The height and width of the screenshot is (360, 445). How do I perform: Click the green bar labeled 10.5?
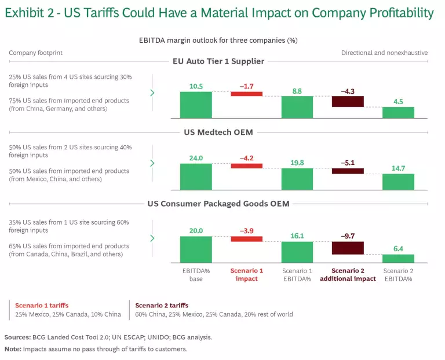click(x=196, y=105)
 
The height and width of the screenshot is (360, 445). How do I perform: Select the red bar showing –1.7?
click(x=246, y=94)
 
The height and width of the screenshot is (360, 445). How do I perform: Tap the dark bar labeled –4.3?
click(x=348, y=101)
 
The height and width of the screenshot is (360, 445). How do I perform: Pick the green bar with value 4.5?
click(x=398, y=112)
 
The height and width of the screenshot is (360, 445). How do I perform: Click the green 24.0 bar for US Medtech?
click(x=196, y=177)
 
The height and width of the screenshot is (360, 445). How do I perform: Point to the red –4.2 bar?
click(x=246, y=166)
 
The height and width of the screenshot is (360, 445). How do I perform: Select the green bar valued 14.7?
click(x=398, y=182)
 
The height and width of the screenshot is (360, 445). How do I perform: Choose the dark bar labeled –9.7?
click(x=348, y=248)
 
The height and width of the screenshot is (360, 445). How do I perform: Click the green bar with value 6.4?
click(x=398, y=258)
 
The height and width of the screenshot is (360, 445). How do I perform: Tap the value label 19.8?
click(x=297, y=163)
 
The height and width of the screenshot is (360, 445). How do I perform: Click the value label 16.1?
click(x=297, y=236)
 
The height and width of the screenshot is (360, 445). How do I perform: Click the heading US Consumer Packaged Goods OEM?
click(x=218, y=204)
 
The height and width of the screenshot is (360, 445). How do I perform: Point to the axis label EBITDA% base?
click(x=196, y=274)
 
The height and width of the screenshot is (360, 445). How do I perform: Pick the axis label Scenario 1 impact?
click(x=246, y=274)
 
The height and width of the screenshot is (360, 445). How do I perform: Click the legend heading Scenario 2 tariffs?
click(x=162, y=306)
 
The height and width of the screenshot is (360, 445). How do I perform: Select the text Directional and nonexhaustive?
click(x=384, y=53)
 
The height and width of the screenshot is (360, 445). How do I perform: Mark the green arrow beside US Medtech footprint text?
click(x=152, y=163)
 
